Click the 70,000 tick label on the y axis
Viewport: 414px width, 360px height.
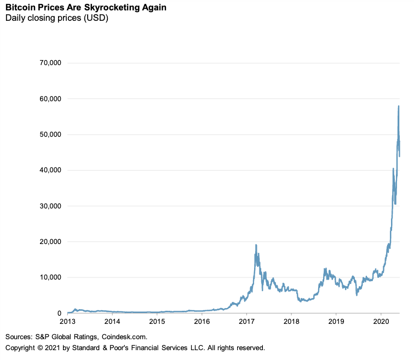click(x=48, y=63)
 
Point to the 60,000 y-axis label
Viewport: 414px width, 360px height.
click(x=48, y=98)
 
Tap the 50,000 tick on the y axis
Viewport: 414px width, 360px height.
click(x=48, y=135)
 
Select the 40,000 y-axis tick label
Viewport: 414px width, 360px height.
click(x=48, y=170)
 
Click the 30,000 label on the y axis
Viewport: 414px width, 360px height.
click(x=48, y=206)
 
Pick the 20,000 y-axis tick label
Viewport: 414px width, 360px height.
click(x=48, y=242)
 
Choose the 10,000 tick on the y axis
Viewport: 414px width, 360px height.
click(x=48, y=277)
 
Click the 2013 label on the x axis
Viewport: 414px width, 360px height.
click(x=67, y=322)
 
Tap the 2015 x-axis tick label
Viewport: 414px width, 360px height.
click(x=157, y=322)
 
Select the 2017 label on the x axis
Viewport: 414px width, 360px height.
click(x=247, y=322)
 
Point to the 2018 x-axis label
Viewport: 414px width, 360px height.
click(x=292, y=322)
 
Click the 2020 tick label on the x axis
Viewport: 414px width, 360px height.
click(x=382, y=322)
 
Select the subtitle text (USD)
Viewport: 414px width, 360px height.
click(x=94, y=19)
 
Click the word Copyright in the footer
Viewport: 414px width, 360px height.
click(x=22, y=348)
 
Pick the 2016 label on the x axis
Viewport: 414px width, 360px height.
click(x=202, y=322)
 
